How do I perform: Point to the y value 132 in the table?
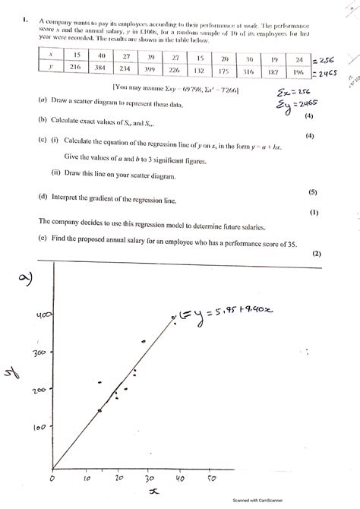pyautogui.click(x=200, y=68)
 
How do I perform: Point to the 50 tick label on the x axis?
pyautogui.click(x=210, y=479)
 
